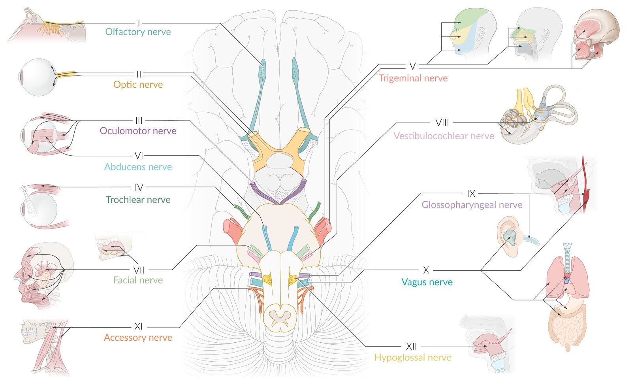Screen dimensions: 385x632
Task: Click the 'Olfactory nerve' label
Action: point(138,32)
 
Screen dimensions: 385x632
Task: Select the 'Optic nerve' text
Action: point(138,85)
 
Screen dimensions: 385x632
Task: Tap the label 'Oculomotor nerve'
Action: point(138,131)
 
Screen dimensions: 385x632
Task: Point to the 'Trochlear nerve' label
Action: point(138,200)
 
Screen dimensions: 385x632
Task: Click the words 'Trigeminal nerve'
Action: point(413,78)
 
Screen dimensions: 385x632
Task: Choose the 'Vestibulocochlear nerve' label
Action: point(444,136)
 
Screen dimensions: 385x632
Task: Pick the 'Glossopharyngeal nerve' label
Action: point(472,205)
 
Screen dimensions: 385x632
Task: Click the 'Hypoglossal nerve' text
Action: point(413,357)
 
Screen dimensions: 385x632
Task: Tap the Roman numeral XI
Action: point(138,326)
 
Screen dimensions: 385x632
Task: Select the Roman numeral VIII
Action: point(442,123)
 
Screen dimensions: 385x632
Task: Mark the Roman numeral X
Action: point(426,270)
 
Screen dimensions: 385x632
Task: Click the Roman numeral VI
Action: point(139,156)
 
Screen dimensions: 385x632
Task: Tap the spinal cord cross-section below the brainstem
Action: point(280,318)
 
